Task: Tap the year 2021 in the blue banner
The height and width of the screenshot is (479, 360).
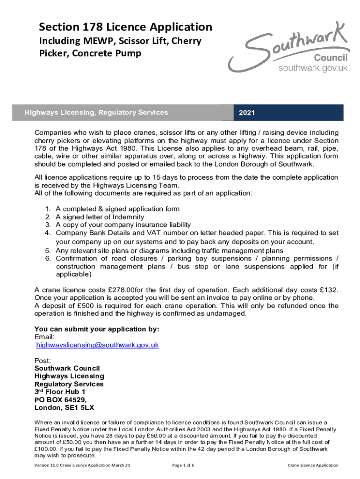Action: point(246,113)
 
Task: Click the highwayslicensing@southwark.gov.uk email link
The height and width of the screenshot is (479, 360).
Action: point(98,345)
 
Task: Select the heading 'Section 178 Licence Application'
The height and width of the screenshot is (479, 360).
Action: point(125,27)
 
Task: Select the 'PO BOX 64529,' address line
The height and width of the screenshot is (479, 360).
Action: point(61,400)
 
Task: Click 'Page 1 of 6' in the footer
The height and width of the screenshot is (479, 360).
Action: point(183,465)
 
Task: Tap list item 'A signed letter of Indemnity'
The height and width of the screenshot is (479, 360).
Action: point(100,217)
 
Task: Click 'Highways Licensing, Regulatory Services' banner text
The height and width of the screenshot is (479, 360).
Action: point(96,112)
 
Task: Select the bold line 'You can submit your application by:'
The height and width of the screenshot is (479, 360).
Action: point(97,329)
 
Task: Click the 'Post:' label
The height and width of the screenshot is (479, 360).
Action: point(43,361)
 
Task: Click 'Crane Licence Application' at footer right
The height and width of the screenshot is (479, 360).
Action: point(313,465)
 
